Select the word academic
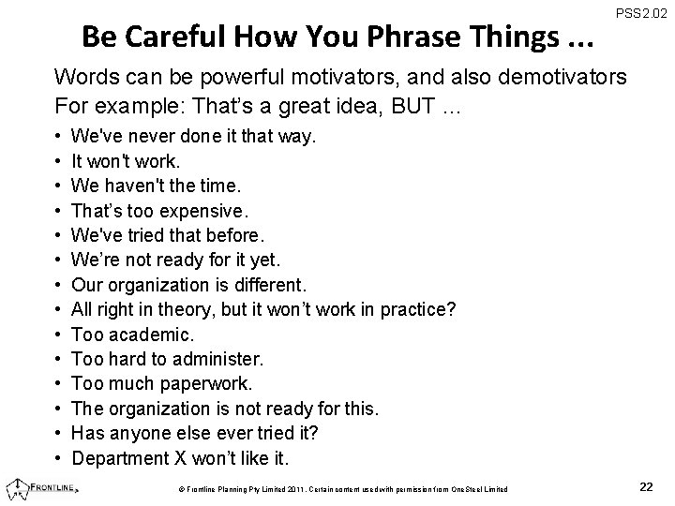coord(150,333)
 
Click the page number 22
coord(646,486)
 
